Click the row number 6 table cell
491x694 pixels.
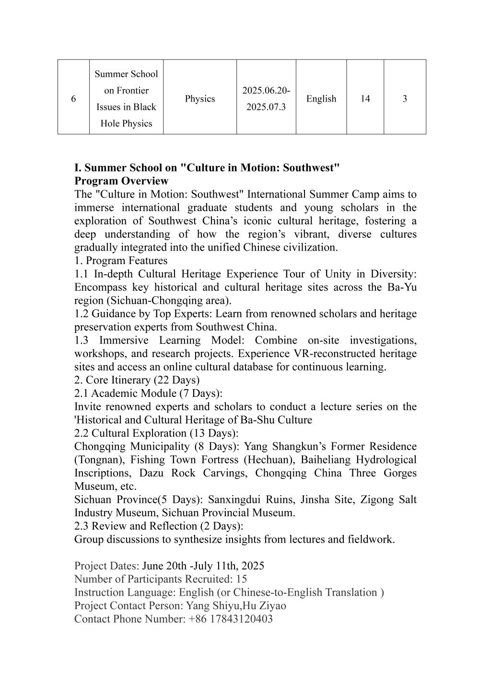pos(73,99)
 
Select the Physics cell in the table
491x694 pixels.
pos(200,99)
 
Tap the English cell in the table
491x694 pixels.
pos(321,99)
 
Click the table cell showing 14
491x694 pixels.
pos(365,99)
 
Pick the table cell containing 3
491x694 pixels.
pos(405,99)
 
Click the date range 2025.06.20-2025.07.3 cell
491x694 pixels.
pos(266,99)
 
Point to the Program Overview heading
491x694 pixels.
pos(121,181)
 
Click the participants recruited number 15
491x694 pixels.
pos(242,579)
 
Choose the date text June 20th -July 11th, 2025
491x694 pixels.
pos(203,566)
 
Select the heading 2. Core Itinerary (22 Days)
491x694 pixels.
pos(137,380)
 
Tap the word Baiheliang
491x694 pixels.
pos(327,460)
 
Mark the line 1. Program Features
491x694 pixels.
pos(121,261)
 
